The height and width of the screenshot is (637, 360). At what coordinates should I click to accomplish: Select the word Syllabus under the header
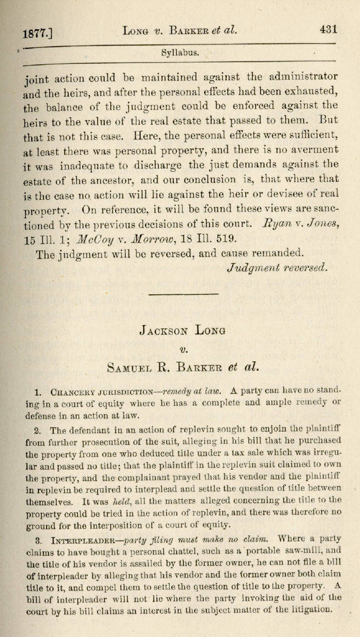(180, 54)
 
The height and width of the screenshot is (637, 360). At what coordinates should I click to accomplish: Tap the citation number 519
(226, 238)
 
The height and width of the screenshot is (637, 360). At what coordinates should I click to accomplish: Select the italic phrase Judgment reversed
(277, 267)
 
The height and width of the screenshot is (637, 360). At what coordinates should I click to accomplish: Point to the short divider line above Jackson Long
(176, 294)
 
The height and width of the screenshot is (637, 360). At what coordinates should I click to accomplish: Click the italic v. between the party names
(183, 348)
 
